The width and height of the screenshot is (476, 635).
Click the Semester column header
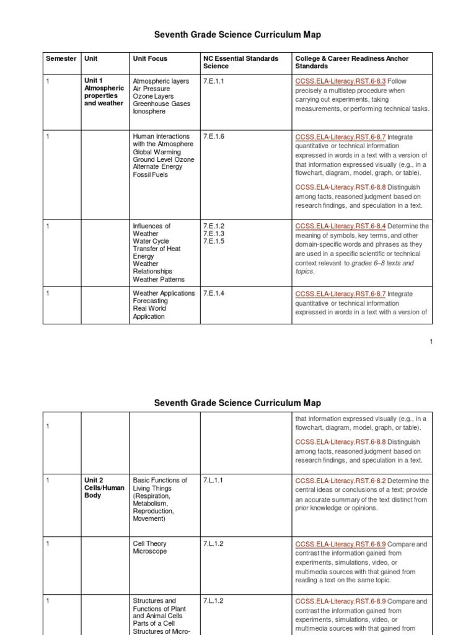(x=61, y=59)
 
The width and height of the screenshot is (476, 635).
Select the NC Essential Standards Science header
(x=240, y=62)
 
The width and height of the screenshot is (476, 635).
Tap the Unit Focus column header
(x=150, y=59)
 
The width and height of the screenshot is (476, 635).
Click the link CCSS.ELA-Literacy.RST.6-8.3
(x=340, y=81)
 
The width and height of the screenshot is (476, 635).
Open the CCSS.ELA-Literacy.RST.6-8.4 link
(x=340, y=226)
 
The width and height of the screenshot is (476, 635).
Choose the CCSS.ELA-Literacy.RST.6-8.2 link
(x=340, y=481)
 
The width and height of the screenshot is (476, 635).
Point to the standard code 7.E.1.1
(x=213, y=81)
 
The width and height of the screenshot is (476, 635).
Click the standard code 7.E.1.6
(x=213, y=137)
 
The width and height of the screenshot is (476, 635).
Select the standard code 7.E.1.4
(x=213, y=293)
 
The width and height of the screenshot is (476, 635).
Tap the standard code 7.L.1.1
(x=213, y=481)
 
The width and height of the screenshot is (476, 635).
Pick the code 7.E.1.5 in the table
(x=213, y=241)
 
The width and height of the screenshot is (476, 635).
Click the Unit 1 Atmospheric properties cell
(x=104, y=92)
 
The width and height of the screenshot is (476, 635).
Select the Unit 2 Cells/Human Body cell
(x=104, y=488)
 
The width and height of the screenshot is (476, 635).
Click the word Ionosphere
(x=149, y=112)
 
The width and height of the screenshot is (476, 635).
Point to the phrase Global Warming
(x=157, y=152)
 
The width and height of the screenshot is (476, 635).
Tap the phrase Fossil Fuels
(x=150, y=175)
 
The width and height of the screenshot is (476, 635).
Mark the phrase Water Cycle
(x=152, y=241)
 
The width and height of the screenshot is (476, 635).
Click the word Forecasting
(x=152, y=301)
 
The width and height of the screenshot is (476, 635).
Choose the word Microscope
(x=150, y=551)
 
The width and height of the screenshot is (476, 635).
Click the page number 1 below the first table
(x=431, y=342)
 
